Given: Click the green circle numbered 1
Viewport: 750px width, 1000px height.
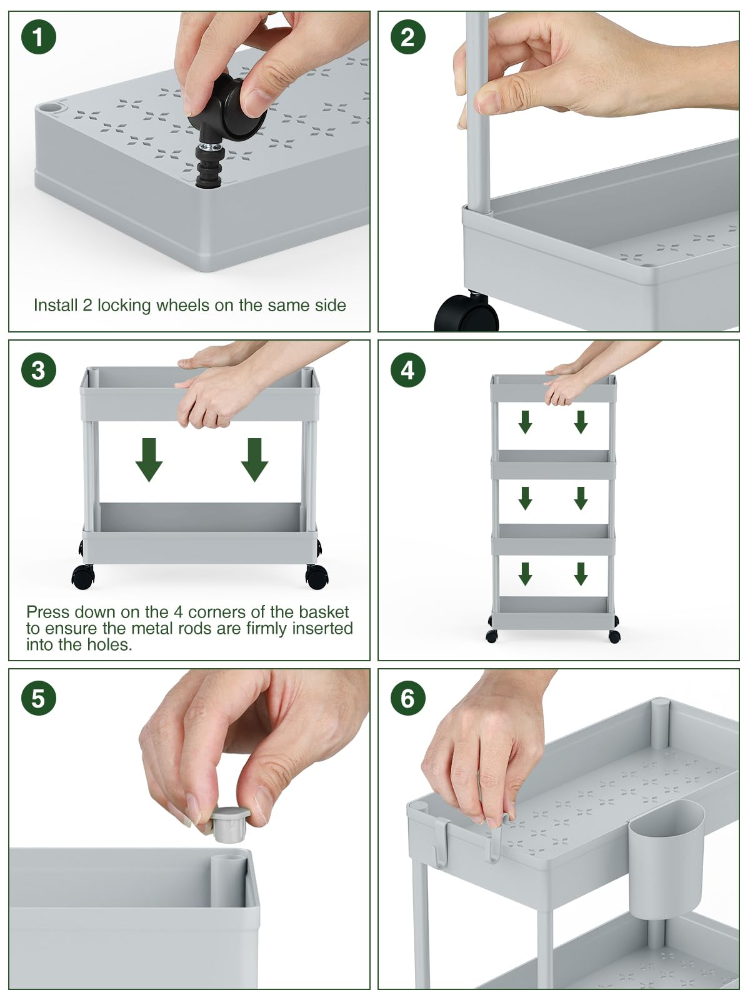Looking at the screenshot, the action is click(x=39, y=37).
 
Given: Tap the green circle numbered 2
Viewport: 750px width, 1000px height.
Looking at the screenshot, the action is click(x=408, y=37).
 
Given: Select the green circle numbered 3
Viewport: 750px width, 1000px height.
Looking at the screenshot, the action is click(x=39, y=370).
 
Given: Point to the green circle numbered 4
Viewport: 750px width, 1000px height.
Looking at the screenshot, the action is click(x=408, y=370).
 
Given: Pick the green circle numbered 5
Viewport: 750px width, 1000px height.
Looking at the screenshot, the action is click(x=39, y=698).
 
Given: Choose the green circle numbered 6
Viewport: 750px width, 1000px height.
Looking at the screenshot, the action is click(x=408, y=698).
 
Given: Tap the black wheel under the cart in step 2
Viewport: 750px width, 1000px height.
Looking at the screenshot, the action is click(x=467, y=313).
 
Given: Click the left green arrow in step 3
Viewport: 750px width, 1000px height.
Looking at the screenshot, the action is click(x=149, y=459).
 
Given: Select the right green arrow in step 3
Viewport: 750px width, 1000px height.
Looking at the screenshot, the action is click(x=254, y=459).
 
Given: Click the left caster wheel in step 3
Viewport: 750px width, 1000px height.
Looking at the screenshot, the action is click(x=83, y=577).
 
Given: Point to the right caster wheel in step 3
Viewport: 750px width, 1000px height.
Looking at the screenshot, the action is click(x=316, y=577).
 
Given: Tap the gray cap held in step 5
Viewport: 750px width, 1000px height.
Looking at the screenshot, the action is click(x=229, y=824).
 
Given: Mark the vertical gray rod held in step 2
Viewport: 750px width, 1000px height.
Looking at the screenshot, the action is click(x=478, y=114).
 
